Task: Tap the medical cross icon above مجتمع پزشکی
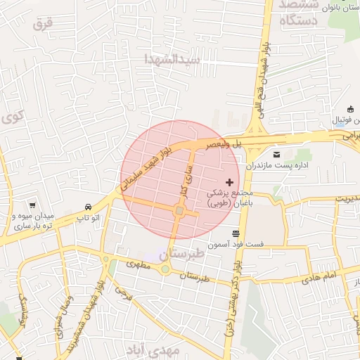pyautogui.click(x=229, y=182)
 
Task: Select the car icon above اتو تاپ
pyautogui.click(x=88, y=207)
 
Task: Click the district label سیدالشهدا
pyautogui.click(x=172, y=58)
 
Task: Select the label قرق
pyautogui.click(x=42, y=24)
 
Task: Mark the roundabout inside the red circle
pyautogui.click(x=180, y=210)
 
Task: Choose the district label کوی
pyautogui.click(x=13, y=116)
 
